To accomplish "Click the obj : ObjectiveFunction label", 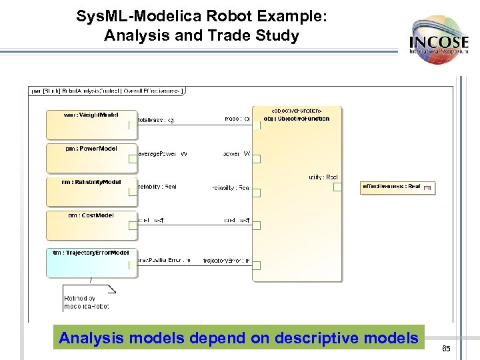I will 297,119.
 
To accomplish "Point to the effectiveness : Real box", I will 397,187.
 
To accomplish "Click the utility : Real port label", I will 323,177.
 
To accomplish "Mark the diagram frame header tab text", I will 107,91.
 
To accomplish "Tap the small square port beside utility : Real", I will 337,187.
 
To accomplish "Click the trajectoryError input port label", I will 226,261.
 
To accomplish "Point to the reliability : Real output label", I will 157,187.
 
